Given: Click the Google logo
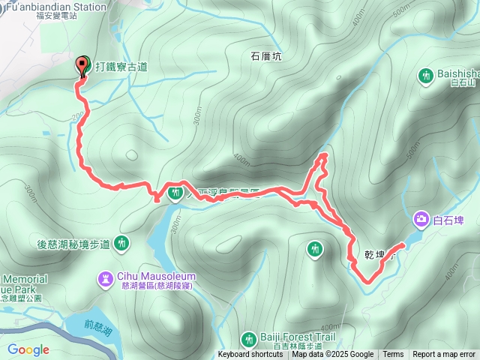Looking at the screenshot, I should [28, 349].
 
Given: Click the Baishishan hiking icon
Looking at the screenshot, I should [426, 75].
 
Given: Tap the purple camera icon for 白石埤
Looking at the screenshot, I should [421, 219].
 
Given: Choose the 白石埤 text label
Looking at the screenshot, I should [448, 219].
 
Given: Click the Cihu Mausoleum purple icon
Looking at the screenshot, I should [104, 280].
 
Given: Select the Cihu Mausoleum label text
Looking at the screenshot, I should [149, 276].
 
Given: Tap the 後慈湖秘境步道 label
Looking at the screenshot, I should [73, 244].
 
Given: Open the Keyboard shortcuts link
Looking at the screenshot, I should [250, 355].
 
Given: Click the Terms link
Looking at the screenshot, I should [393, 355].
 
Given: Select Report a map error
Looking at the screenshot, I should [444, 355].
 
